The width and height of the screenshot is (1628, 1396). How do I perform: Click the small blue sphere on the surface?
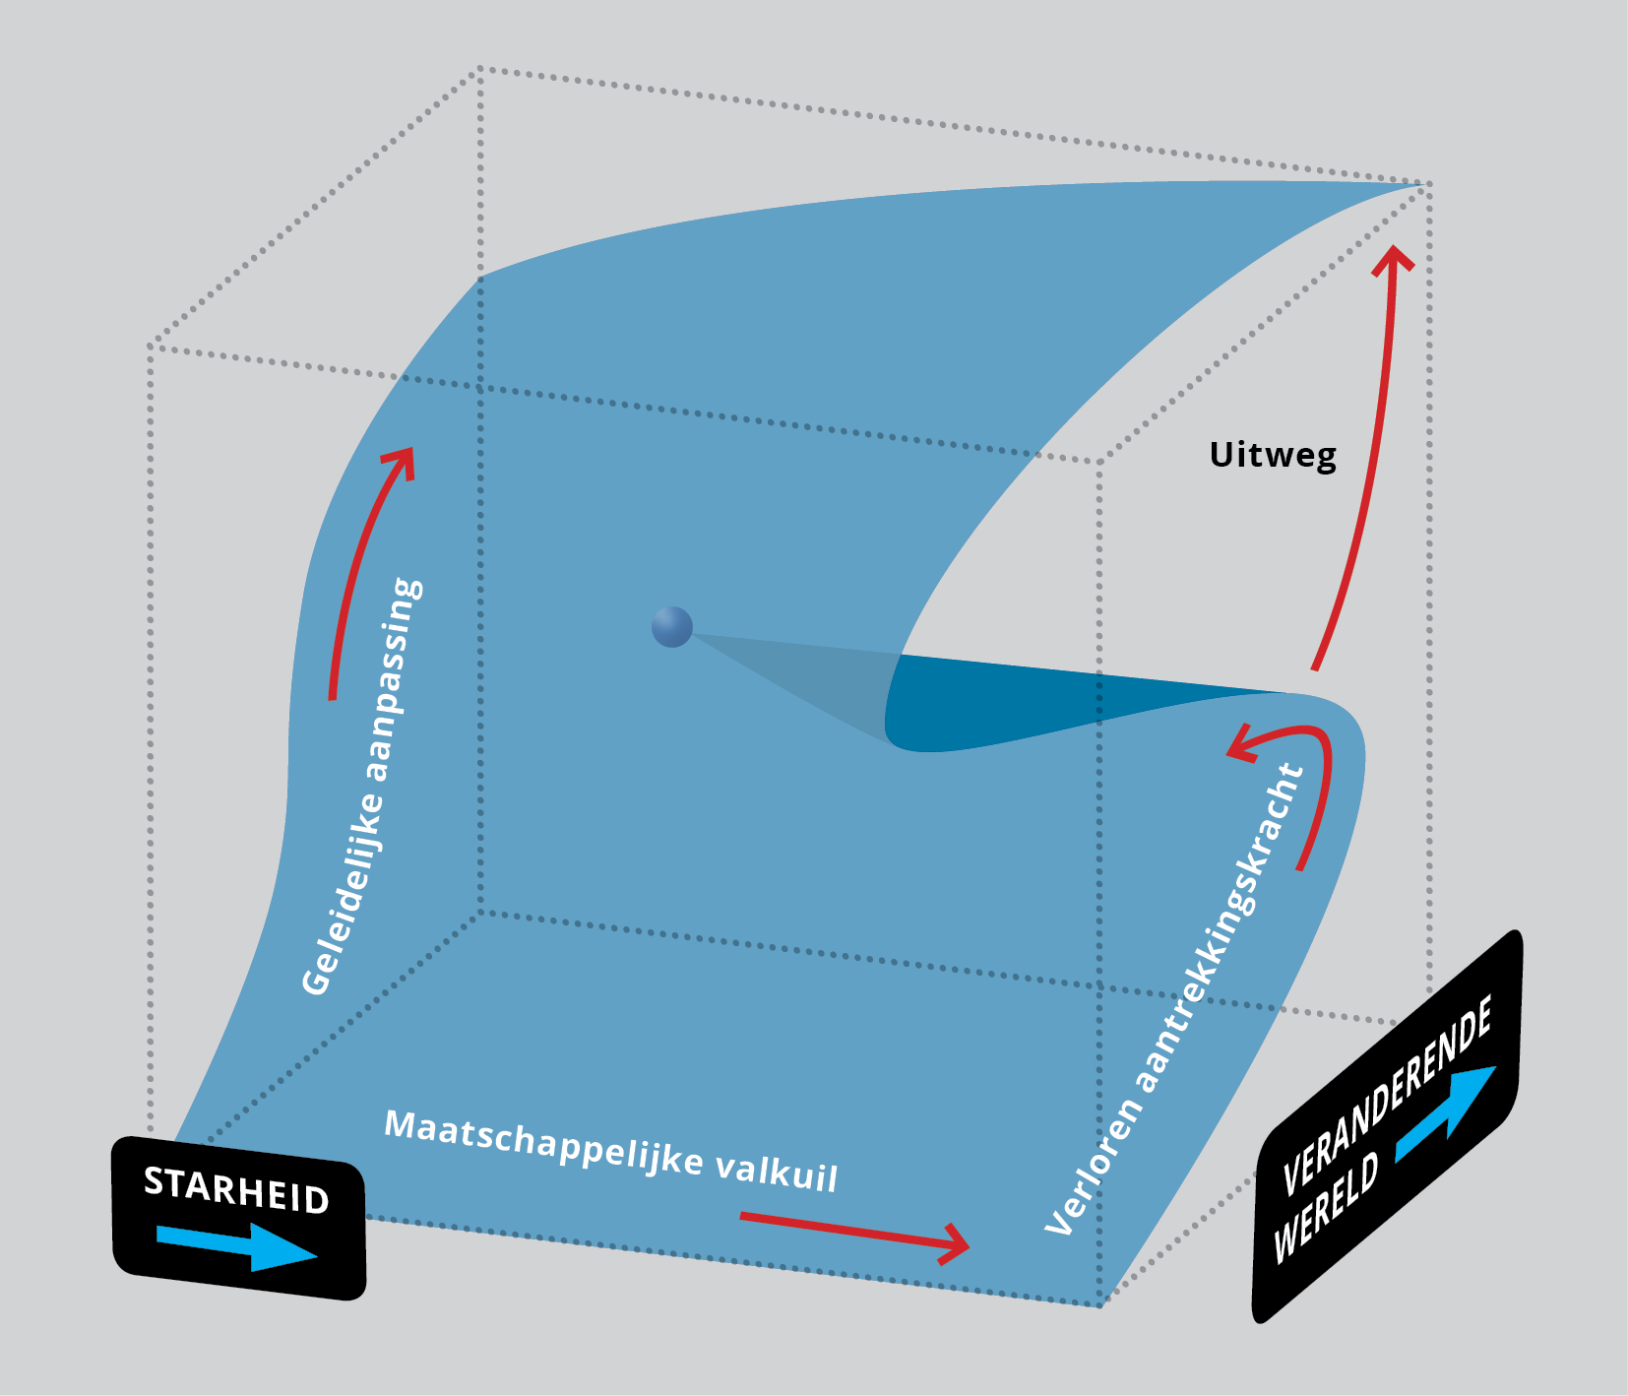(672, 627)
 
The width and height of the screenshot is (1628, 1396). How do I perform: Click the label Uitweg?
(1273, 455)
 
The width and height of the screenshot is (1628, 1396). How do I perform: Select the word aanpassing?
(395, 678)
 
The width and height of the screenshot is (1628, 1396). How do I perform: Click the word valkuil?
(777, 1171)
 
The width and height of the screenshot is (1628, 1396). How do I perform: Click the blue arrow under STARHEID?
(236, 1245)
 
